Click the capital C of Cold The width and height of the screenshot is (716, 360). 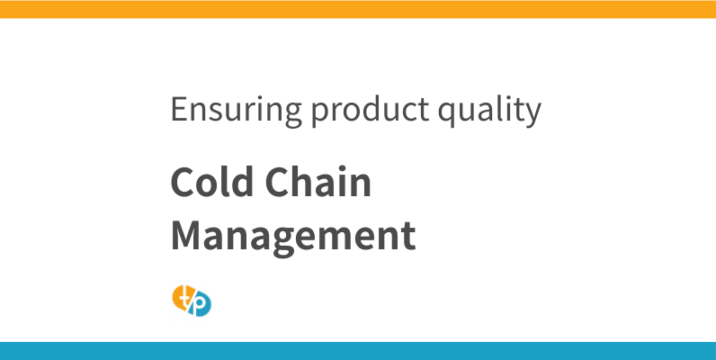[x=183, y=184]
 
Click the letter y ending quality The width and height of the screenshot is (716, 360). [x=533, y=114]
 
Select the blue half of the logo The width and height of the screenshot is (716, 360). [x=203, y=306]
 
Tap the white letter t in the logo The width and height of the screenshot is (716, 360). [x=184, y=296]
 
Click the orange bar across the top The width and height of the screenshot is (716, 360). [x=358, y=9]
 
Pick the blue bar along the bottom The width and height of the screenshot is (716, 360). [x=358, y=351]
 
